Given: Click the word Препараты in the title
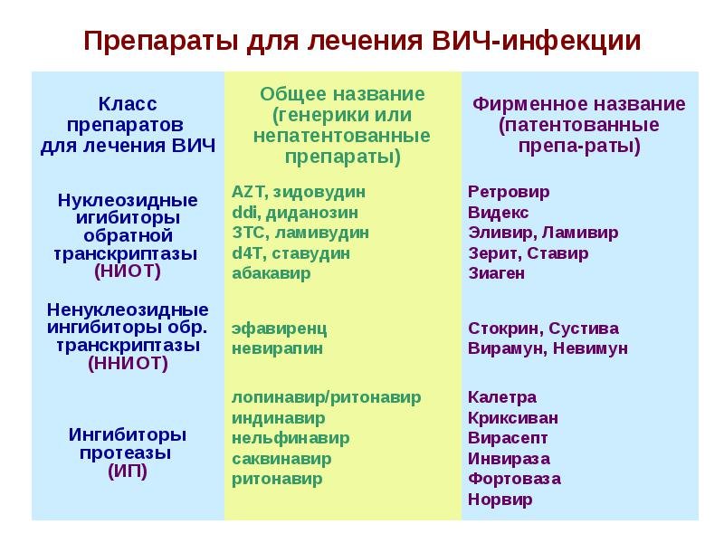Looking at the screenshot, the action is pos(161,42).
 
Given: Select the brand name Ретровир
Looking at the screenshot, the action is pos(509,192).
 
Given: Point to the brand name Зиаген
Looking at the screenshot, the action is pos(496,273).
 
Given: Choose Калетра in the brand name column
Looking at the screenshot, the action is pos(502,397).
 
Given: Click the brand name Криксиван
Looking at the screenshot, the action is pos(512,418).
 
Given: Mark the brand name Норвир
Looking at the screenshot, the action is pos(500,500).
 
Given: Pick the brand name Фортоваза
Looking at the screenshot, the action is pos(514,479).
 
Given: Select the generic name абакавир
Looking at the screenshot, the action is pos(271,273).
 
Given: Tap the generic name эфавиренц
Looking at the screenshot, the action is pos(279,329).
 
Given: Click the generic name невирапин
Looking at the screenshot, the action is pos(277,348).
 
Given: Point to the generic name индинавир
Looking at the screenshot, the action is pos(278,418).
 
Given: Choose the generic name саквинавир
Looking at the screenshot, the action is pos(281,459).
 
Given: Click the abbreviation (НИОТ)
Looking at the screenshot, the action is pos(128,271).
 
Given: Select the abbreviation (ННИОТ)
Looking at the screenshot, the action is pos(128,364).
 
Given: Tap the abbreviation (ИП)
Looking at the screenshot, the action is pos(128,471).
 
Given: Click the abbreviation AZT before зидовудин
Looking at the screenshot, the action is pos(247,192).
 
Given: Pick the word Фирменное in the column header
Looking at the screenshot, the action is pos(529,104).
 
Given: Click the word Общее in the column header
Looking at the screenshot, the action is pos(293,95).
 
